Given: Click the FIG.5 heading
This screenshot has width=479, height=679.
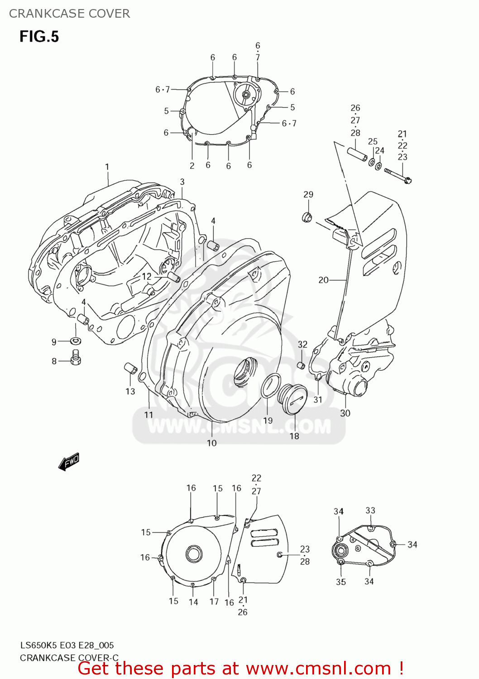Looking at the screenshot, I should [39, 36].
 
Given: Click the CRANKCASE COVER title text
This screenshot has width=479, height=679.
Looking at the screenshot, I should [69, 14].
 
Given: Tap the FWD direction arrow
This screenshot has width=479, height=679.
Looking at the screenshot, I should [69, 462].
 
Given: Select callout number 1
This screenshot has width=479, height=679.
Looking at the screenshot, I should [107, 167].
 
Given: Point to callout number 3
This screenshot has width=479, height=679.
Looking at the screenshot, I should [182, 182].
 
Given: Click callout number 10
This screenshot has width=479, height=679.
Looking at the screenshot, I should [212, 443].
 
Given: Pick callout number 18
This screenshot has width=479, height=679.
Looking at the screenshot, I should [294, 436].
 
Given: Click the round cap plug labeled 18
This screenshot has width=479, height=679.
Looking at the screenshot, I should [295, 398].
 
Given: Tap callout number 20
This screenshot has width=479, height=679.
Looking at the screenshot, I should [323, 280].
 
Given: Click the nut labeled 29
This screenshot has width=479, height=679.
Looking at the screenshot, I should [307, 217].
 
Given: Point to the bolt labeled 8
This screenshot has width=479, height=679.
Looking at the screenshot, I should [76, 358].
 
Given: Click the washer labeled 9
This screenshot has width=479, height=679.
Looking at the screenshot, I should [75, 340].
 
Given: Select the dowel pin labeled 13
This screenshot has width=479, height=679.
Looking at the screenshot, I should [130, 368].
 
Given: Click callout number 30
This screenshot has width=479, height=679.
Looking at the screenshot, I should [345, 413].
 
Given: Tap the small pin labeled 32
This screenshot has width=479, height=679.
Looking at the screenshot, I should [301, 365].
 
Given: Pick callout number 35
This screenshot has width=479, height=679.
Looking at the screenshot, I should [341, 582].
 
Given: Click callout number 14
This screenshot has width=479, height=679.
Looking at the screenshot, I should [193, 602].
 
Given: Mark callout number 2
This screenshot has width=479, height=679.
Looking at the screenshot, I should [192, 166].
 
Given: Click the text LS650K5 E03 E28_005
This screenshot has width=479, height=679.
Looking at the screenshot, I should [67, 645].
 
